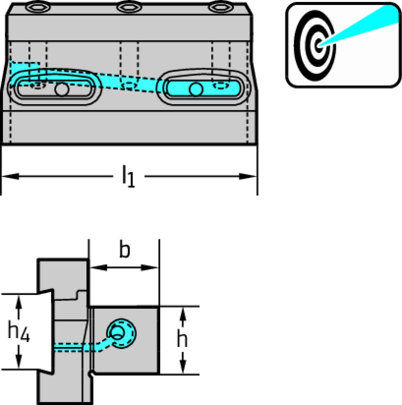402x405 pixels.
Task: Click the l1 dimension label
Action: click(x=128, y=176)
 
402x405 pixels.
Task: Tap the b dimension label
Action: click(x=125, y=250)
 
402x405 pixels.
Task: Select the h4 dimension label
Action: click(x=18, y=332)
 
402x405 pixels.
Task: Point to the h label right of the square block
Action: click(x=182, y=339)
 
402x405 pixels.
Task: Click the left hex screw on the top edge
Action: click(x=38, y=7)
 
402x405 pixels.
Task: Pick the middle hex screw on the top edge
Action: click(x=129, y=7)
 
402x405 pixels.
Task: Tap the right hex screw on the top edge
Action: click(x=221, y=7)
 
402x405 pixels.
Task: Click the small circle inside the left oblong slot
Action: click(x=62, y=89)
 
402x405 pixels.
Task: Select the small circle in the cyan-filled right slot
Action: click(x=196, y=89)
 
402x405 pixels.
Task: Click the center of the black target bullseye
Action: click(x=319, y=45)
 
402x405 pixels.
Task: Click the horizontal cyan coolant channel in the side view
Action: click(x=71, y=347)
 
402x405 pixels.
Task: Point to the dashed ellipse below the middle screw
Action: click(x=130, y=85)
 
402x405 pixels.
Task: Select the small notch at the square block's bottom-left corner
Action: click(x=91, y=373)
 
